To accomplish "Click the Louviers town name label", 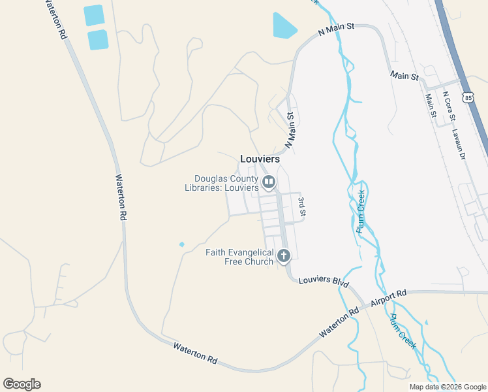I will pyautogui.click(x=260, y=159).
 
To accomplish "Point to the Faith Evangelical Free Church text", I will pyautogui.click(x=239, y=257).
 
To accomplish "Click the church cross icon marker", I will pyautogui.click(x=283, y=255).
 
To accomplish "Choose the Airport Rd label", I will pyautogui.click(x=388, y=298).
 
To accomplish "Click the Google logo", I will pyautogui.click(x=22, y=384).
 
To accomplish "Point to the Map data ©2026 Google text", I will pyautogui.click(x=447, y=387).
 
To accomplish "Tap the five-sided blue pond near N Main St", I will pyautogui.click(x=284, y=26).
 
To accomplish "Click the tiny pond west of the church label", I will pyautogui.click(x=181, y=244).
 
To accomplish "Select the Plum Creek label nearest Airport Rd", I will pyautogui.click(x=403, y=330).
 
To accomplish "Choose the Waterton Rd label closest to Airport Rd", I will pyautogui.click(x=339, y=323).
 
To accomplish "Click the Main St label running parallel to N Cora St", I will pyautogui.click(x=431, y=105).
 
